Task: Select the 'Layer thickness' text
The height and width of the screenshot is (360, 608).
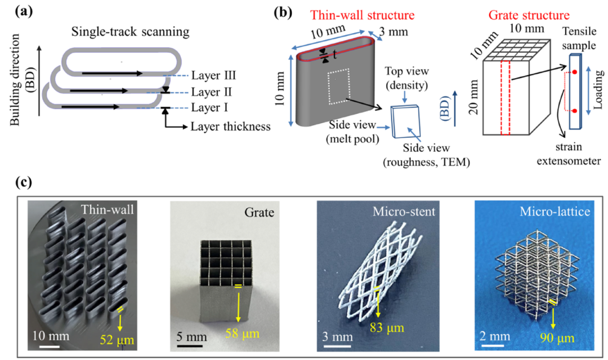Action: coord(230,127)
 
